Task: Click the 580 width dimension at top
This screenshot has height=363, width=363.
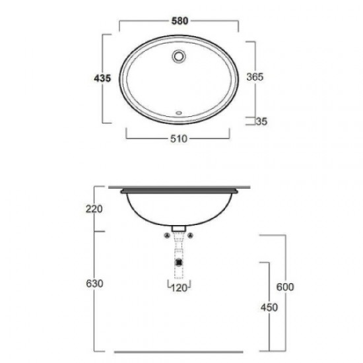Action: coord(179,21)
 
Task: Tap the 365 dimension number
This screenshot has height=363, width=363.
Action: coord(255,77)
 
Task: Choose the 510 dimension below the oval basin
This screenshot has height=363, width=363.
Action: coord(179,139)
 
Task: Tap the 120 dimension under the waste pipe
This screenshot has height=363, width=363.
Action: coord(179,288)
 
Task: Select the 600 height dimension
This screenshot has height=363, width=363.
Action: coord(285,286)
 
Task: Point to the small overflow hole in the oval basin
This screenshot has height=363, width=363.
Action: coord(179,112)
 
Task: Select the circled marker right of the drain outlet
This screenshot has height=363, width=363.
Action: coord(190,235)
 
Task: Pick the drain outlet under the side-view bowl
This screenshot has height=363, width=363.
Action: coord(178,228)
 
